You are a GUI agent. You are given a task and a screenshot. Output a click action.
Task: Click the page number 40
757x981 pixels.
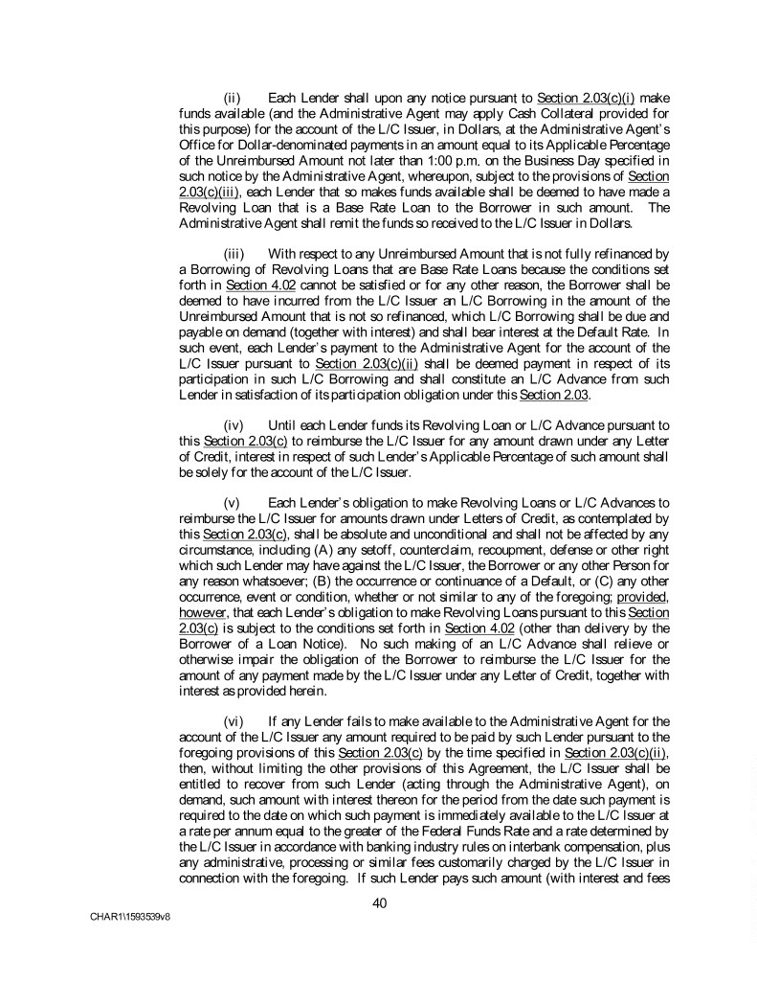378,901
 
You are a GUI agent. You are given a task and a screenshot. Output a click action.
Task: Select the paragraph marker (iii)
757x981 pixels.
233,253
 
